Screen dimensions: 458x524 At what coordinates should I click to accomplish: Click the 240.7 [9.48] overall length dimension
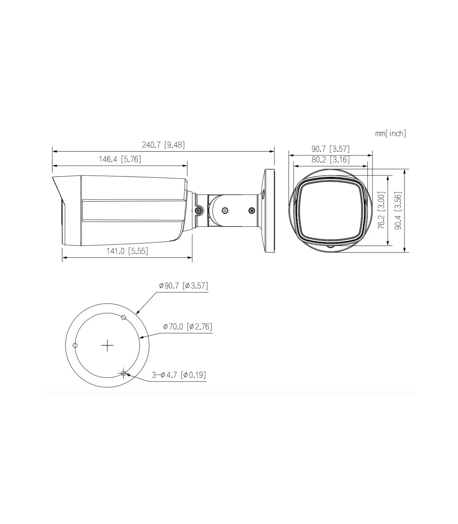tap(163, 145)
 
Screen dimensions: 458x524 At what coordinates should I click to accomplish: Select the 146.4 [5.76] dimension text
tap(120, 159)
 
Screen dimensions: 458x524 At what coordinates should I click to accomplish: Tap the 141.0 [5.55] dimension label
tap(127, 251)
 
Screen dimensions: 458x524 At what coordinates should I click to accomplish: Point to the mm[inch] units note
tap(390, 133)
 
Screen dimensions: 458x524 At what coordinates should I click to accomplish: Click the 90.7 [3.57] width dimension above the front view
tap(330, 149)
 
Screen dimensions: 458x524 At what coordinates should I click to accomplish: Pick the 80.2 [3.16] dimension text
tap(330, 160)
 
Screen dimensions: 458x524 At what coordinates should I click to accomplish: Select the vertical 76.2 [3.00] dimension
tap(381, 210)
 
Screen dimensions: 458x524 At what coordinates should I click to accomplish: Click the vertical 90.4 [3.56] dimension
tap(398, 210)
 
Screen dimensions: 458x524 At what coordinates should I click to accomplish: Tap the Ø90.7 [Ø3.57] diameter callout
tap(184, 286)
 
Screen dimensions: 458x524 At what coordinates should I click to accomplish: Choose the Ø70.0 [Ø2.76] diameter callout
tap(188, 327)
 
